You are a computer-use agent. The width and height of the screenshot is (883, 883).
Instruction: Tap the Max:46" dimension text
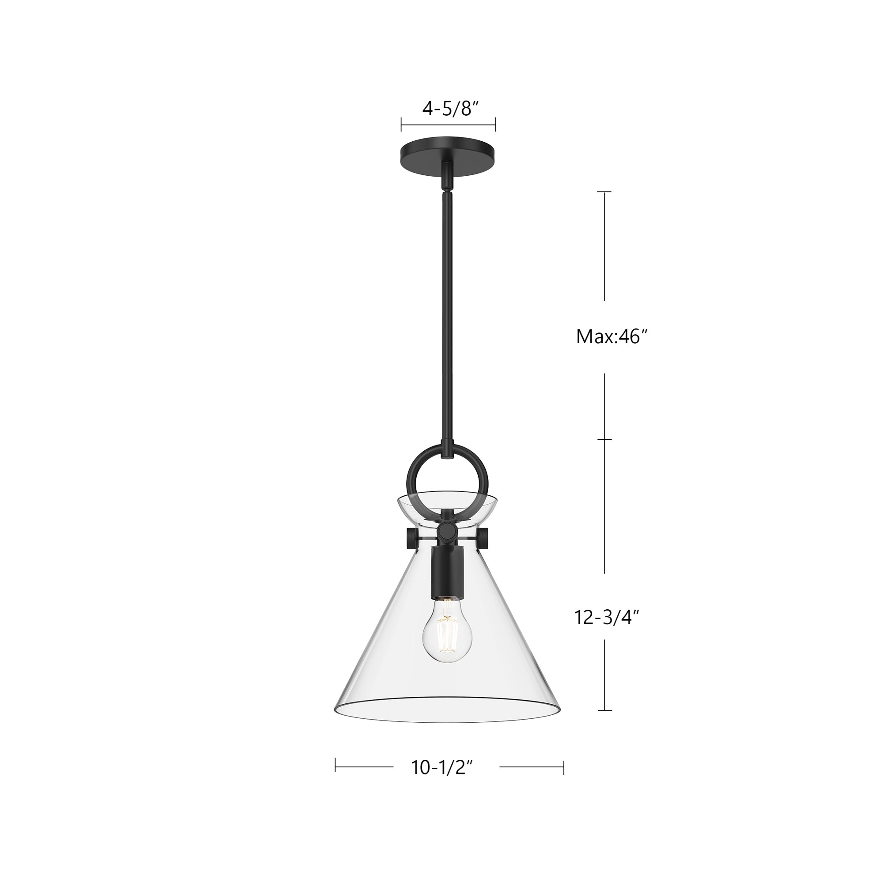pyautogui.click(x=612, y=337)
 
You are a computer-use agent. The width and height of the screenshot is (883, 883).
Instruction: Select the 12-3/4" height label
pyautogui.click(x=606, y=618)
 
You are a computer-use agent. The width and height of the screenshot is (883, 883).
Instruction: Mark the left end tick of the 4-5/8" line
pyautogui.click(x=401, y=124)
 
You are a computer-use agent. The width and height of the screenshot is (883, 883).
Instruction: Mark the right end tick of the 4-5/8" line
pyautogui.click(x=496, y=124)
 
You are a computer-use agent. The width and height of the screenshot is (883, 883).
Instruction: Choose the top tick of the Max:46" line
pyautogui.click(x=605, y=192)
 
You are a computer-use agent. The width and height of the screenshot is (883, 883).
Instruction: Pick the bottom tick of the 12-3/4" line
pyautogui.click(x=605, y=724)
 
